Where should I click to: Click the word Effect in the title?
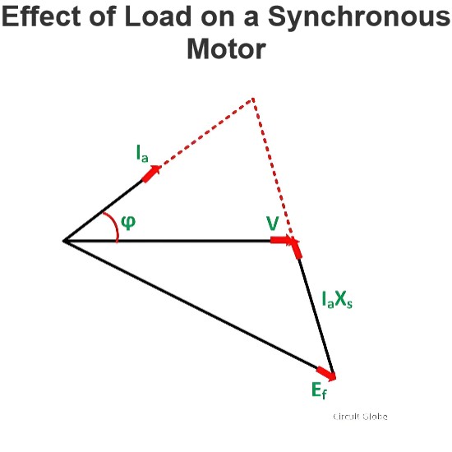tap(41, 16)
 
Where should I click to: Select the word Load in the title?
tap(159, 16)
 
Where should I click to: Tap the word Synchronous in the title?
tap(359, 17)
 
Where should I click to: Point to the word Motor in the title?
tap(226, 48)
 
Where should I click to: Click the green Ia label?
tap(142, 154)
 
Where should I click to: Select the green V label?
tap(273, 223)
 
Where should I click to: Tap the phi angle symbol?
tap(128, 222)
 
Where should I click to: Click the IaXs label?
tap(337, 300)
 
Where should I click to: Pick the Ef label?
tap(319, 390)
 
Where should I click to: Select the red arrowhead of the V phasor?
tap(281, 240)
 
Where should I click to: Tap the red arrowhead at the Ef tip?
tap(326, 374)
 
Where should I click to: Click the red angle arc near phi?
tap(114, 225)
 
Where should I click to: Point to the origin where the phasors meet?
tap(64, 241)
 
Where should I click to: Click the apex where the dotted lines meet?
tap(253, 99)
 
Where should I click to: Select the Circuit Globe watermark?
tap(360, 417)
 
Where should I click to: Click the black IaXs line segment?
tap(316, 316)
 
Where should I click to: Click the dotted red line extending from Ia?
tap(206, 133)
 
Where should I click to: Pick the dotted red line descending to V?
tap(273, 169)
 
